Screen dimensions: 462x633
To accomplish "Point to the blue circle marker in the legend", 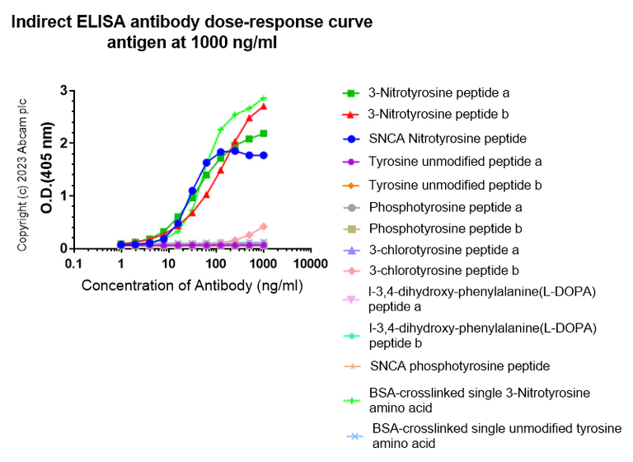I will tap(350, 139).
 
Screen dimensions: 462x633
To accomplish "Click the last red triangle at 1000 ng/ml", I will tap(264, 106).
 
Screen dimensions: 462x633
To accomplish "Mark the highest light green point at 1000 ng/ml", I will tap(264, 98).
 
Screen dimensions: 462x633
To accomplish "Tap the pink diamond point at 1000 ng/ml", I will tap(264, 226).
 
